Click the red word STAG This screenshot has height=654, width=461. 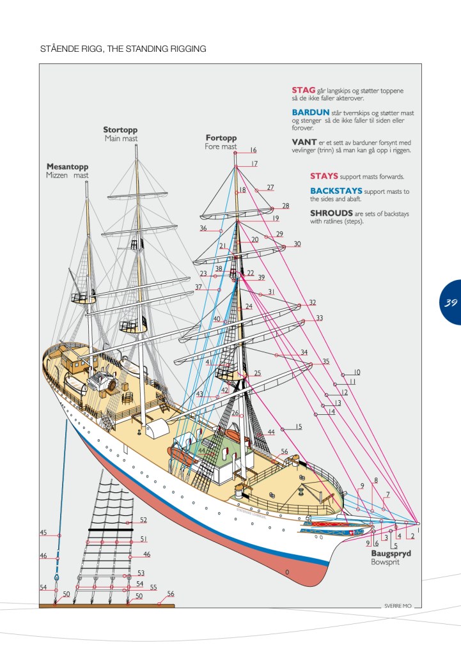303,90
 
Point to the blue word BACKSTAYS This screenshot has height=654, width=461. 336,191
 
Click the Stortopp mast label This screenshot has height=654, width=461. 120,130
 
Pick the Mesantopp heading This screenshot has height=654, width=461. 66,166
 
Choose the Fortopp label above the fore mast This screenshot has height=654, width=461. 221,137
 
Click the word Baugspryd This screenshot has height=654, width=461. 391,553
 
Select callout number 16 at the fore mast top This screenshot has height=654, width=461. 253,150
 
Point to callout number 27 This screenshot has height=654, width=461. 270,187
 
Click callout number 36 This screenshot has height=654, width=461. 203,228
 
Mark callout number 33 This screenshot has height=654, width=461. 319,318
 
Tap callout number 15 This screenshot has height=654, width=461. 298,426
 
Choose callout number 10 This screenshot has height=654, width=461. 357,371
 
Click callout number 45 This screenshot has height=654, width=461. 43,533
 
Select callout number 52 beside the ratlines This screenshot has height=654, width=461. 143,520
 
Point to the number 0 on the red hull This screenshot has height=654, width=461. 287,572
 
